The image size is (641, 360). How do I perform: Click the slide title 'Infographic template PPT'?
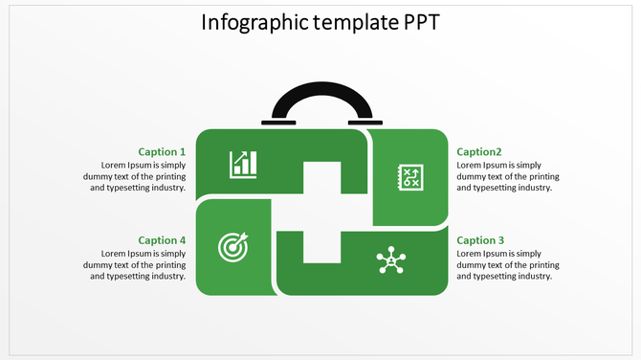[x=320, y=22]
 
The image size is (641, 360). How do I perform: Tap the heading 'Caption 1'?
[x=162, y=152]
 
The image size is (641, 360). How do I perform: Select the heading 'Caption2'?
[x=479, y=152]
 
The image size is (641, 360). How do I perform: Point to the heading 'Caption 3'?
[x=480, y=240]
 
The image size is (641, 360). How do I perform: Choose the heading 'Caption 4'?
[x=162, y=240]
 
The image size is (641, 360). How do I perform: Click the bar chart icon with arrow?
[x=243, y=164]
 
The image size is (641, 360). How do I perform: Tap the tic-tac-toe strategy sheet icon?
[x=411, y=177]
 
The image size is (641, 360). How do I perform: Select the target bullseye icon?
[x=232, y=247]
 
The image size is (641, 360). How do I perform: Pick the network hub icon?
[x=389, y=260]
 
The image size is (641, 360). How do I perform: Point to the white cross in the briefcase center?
[x=321, y=213]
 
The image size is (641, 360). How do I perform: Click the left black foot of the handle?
[x=278, y=122]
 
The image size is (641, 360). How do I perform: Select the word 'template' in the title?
[x=346, y=23]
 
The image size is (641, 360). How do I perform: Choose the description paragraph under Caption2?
[x=507, y=176]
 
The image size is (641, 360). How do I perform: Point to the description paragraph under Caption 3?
[x=507, y=264]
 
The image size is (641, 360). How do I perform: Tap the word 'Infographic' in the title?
[x=252, y=23]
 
